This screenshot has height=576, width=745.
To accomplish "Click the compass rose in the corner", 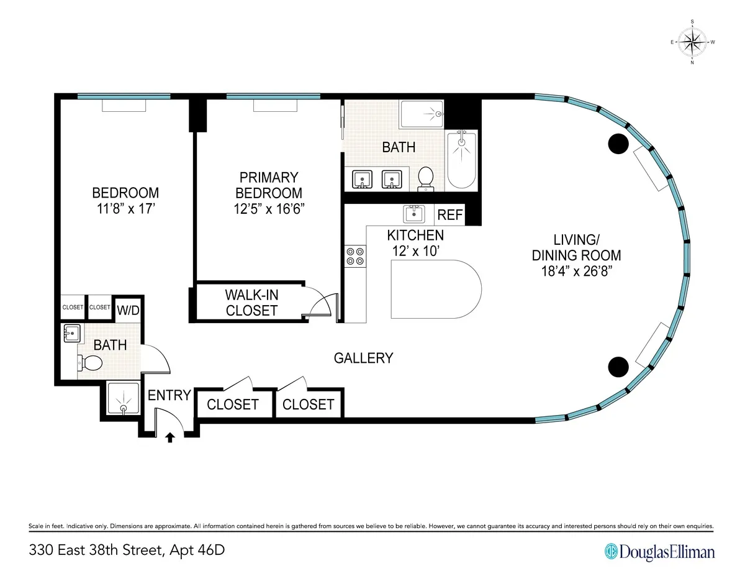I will [692, 42].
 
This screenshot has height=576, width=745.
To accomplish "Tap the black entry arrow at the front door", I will [171, 437].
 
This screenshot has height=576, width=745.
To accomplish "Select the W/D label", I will [127, 309].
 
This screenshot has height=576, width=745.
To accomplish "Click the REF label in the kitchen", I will [450, 215].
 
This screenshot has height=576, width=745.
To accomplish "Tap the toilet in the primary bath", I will [425, 177].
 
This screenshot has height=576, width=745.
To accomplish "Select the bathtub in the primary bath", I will [461, 160].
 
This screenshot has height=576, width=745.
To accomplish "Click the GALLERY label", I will [363, 358].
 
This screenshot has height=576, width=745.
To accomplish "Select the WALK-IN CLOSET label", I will [251, 302].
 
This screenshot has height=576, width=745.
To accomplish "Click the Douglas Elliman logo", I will [659, 551].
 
